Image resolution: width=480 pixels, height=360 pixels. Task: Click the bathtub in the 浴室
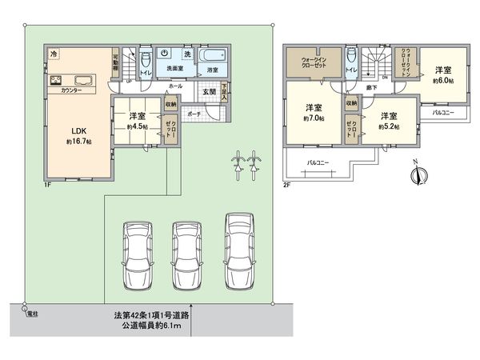[x=212, y=58]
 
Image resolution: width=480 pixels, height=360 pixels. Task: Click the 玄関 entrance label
[x=208, y=92]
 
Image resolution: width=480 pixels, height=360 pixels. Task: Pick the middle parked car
[x=188, y=250]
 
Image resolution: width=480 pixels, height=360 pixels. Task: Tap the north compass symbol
[x=423, y=174]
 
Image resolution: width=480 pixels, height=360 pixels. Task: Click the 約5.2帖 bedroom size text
[x=389, y=126]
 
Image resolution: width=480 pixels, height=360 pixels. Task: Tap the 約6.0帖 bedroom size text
[x=444, y=82]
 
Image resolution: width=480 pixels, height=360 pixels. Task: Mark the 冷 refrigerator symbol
[x=54, y=54]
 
